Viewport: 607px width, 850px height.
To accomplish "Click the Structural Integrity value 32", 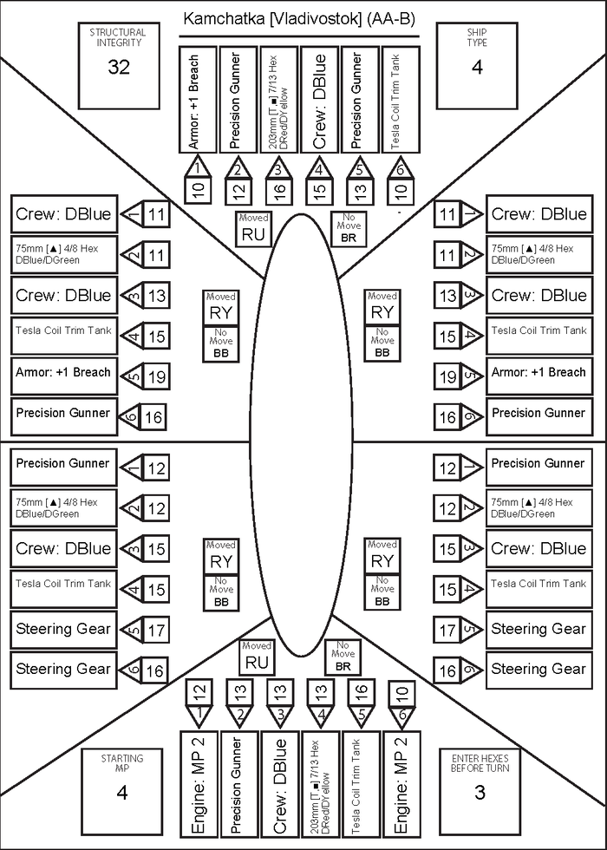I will [x=118, y=67].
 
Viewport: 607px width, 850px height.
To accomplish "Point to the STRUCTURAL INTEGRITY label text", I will [x=118, y=37].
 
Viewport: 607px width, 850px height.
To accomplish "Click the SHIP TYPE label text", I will [x=477, y=37].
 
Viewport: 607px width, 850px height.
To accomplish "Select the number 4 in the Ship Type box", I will [x=477, y=67].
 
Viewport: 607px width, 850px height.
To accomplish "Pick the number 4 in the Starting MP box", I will [x=122, y=792].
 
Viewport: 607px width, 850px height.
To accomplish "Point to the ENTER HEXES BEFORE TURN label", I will [x=480, y=763].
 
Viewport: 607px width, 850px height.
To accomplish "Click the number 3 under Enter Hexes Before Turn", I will [x=480, y=792].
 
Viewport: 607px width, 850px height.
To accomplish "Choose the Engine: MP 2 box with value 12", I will [x=198, y=784].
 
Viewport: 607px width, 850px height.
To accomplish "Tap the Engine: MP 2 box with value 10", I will [x=401, y=784].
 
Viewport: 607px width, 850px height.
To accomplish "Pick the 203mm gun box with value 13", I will [x=321, y=784].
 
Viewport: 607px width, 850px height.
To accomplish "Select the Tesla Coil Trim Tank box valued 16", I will [x=361, y=784].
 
